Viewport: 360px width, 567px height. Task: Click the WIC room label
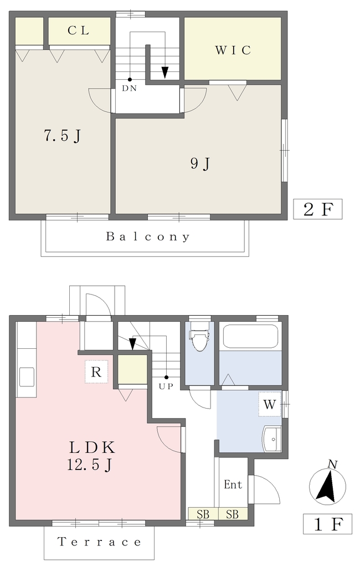pyautogui.click(x=233, y=50)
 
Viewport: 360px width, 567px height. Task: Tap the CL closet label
pyautogui.click(x=79, y=30)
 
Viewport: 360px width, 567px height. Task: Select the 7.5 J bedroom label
pyautogui.click(x=62, y=136)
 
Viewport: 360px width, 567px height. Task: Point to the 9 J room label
pyautogui.click(x=200, y=164)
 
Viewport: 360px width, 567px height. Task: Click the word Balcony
pyautogui.click(x=148, y=237)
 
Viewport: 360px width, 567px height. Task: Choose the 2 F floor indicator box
pyautogui.click(x=317, y=209)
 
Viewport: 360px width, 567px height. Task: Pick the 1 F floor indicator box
pyautogui.click(x=327, y=524)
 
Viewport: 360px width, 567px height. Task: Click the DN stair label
pyautogui.click(x=129, y=88)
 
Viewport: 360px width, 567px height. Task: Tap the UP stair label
pyautogui.click(x=166, y=386)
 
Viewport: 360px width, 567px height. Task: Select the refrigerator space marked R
pyautogui.click(x=96, y=372)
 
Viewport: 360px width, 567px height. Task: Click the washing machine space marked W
pyautogui.click(x=270, y=404)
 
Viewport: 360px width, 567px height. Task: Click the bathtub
pyautogui.click(x=250, y=336)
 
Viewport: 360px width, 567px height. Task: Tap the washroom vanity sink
pyautogui.click(x=272, y=439)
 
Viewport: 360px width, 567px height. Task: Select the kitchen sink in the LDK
pyautogui.click(x=27, y=377)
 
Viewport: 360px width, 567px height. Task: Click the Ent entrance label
pyautogui.click(x=233, y=484)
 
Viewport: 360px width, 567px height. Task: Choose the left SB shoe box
pyautogui.click(x=203, y=514)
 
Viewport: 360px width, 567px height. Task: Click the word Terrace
pyautogui.click(x=99, y=542)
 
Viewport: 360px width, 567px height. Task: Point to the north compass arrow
pyautogui.click(x=328, y=486)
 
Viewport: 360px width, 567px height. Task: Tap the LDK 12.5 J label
pyautogui.click(x=92, y=456)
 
